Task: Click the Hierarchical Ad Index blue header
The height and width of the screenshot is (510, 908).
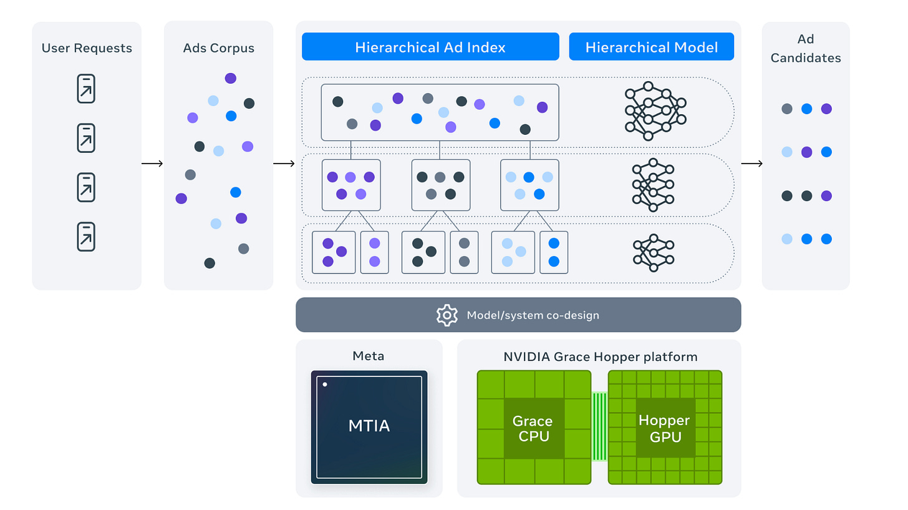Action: [430, 47]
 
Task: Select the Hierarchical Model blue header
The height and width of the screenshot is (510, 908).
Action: [651, 47]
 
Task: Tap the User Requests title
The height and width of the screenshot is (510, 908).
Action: [87, 48]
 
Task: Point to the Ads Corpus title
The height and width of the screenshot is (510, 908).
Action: [219, 48]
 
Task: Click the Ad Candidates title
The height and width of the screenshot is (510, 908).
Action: [806, 48]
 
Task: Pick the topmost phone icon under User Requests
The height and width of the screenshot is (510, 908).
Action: [86, 89]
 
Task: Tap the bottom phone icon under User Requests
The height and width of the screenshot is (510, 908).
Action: [86, 237]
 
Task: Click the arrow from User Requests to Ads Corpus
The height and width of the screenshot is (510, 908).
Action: [152, 164]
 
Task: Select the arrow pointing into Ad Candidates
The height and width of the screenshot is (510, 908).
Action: [751, 164]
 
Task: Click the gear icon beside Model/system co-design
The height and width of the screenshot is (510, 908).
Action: [447, 315]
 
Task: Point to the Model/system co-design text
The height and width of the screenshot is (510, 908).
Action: [533, 315]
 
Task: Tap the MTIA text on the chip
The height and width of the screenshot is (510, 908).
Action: [369, 426]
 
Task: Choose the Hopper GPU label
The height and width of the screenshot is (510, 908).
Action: [664, 428]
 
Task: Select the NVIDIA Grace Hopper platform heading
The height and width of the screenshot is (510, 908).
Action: [600, 357]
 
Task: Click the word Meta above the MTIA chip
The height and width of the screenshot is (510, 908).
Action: [369, 356]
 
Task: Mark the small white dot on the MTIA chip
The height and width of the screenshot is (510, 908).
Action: [325, 384]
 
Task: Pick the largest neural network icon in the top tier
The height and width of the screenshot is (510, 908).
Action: [655, 110]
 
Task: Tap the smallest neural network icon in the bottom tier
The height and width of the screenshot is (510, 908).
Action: [654, 253]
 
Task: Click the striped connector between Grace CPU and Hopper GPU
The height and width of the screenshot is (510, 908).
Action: [599, 426]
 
